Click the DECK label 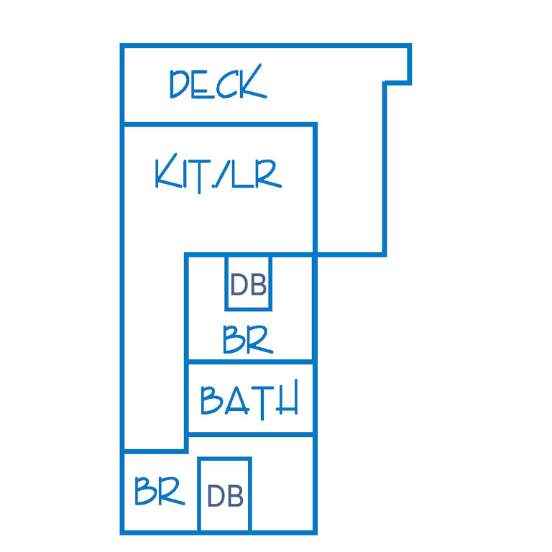[x=218, y=82]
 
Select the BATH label [x=249, y=400]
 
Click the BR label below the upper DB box [x=248, y=339]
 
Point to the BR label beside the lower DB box [x=160, y=491]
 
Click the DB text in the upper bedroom [x=248, y=285]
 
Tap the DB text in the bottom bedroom [x=225, y=496]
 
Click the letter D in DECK [x=180, y=84]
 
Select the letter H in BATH [x=287, y=397]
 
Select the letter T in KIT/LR [x=199, y=176]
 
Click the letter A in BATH [x=237, y=400]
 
